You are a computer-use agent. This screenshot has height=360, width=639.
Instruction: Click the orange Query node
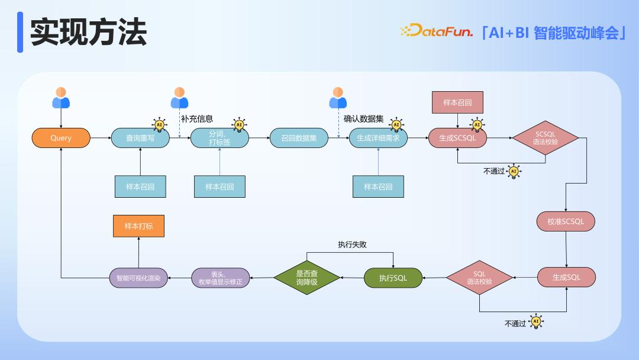[x=61, y=138]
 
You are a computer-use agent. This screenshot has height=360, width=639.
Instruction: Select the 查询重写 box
[x=140, y=138]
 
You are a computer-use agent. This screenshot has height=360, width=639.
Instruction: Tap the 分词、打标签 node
[x=220, y=138]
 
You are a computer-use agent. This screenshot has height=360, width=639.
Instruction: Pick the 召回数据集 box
[x=299, y=138]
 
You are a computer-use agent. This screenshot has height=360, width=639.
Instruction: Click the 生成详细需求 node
[x=378, y=138]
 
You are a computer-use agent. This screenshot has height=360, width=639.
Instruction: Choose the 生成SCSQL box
[x=457, y=138]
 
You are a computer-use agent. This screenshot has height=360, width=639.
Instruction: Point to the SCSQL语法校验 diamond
[x=546, y=138]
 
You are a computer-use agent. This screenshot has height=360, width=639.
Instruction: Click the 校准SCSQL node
[x=566, y=221]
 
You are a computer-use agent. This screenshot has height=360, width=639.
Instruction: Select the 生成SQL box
[x=566, y=277]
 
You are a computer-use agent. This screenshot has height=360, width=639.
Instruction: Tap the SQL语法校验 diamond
[x=479, y=278]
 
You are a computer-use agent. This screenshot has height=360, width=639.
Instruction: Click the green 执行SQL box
[x=393, y=278]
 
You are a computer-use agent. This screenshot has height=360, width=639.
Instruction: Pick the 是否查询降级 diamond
[x=306, y=278]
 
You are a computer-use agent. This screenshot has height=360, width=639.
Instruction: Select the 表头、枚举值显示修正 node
[x=221, y=278]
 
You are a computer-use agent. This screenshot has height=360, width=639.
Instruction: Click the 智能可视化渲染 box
[x=138, y=278]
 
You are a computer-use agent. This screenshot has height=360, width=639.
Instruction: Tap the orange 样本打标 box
[x=138, y=226]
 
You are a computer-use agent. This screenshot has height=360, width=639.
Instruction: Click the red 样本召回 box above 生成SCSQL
[x=457, y=102]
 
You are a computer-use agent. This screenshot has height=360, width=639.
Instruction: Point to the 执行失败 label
[x=352, y=244]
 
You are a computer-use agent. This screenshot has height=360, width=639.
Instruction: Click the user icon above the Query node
[x=61, y=98]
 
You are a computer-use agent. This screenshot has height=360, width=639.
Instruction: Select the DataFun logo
[x=437, y=31]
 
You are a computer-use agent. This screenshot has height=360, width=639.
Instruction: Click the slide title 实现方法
[x=88, y=32]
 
